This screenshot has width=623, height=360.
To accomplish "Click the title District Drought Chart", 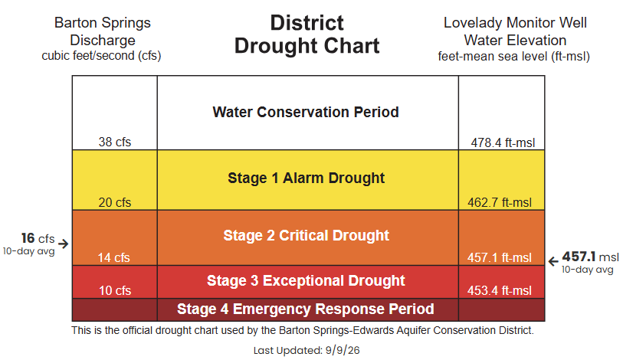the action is pyautogui.click(x=307, y=34).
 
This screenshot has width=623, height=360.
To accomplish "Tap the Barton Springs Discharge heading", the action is pyautogui.click(x=103, y=31).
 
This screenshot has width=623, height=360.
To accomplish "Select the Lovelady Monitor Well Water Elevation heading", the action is pyautogui.click(x=515, y=31).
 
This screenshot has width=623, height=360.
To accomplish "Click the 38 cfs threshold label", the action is pyautogui.click(x=115, y=142).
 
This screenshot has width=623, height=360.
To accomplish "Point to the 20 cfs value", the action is pyautogui.click(x=115, y=202).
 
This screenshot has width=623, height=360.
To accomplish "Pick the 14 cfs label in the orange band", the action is pyautogui.click(x=114, y=257).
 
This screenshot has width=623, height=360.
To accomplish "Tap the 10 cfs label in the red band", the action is pyautogui.click(x=115, y=290).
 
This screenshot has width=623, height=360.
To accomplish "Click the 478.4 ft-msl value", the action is pyautogui.click(x=503, y=142).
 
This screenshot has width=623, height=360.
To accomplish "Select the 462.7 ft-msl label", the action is pyautogui.click(x=500, y=202).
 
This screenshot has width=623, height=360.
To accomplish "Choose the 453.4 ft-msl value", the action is pyautogui.click(x=500, y=290).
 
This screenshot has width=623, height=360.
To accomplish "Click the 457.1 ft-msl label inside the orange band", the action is pyautogui.click(x=500, y=257).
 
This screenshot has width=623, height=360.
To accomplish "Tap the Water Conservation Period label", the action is pyautogui.click(x=306, y=112).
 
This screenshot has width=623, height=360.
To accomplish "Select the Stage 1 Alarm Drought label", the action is pyautogui.click(x=307, y=178).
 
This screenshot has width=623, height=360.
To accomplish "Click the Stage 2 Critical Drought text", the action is pyautogui.click(x=307, y=236).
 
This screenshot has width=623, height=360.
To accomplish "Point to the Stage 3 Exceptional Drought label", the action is pyautogui.click(x=306, y=281).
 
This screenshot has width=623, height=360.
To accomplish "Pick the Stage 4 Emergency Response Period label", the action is pyautogui.click(x=306, y=309).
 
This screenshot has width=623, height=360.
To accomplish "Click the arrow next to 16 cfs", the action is pyautogui.click(x=63, y=243).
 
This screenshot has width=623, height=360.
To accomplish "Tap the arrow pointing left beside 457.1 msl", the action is pyautogui.click(x=553, y=261).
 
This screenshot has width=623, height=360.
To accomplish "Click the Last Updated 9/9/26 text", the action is pyautogui.click(x=307, y=351).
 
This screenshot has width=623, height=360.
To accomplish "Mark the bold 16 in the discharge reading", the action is pyautogui.click(x=28, y=238).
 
